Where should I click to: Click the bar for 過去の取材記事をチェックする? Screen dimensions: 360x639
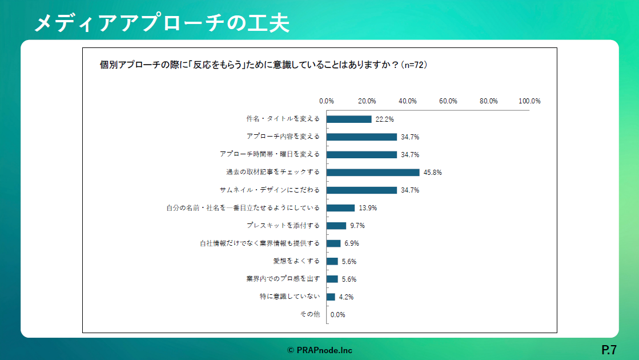point(373,172)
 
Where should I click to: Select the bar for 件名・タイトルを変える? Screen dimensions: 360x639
point(349,119)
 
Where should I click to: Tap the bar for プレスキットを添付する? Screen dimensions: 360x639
point(336,226)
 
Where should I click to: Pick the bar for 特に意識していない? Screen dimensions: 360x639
point(331,297)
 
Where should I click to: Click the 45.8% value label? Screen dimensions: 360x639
point(433,172)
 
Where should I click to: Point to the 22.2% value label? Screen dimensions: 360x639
point(385,119)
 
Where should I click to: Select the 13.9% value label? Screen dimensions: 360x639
point(368,208)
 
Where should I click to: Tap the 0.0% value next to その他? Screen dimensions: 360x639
point(338,314)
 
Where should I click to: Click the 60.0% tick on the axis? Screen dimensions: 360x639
point(448,101)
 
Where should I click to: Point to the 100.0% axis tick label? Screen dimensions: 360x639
point(529,101)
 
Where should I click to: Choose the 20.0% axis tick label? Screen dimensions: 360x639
point(367,101)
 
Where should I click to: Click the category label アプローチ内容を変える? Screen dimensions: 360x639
point(283,137)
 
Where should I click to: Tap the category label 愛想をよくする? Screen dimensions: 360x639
point(297,261)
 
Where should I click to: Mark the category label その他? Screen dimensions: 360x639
point(310,314)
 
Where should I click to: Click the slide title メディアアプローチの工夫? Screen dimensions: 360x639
point(162,23)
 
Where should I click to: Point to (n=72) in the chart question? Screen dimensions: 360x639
point(415,65)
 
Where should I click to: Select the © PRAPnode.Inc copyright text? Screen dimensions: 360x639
point(319,350)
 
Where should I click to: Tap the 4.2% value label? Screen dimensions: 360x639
point(346,297)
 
